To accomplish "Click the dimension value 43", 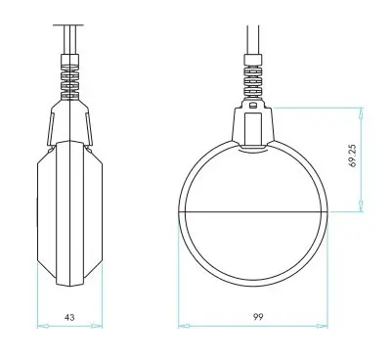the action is (x=69, y=317).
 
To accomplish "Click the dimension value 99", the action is (x=258, y=317).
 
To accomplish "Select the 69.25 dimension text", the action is (x=353, y=156).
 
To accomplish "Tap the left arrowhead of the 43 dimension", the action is (x=43, y=326).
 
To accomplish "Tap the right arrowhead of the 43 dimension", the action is (x=97, y=326).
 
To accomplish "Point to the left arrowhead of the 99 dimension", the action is (x=185, y=326).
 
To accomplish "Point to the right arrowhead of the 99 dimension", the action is (x=322, y=326).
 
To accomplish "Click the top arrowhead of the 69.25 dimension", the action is (x=361, y=114).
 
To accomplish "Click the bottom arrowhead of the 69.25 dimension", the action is (x=361, y=205).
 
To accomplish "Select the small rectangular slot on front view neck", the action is (x=252, y=106).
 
